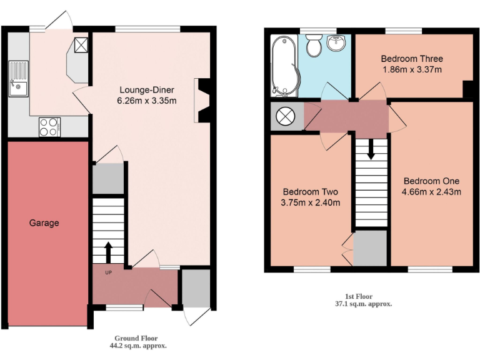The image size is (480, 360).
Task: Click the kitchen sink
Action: click(x=19, y=79)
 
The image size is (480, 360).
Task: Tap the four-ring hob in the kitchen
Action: click(x=49, y=127)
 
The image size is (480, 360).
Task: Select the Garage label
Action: click(x=44, y=222)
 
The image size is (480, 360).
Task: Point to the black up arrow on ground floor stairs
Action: click(x=108, y=252)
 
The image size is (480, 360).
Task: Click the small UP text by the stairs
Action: click(x=108, y=273)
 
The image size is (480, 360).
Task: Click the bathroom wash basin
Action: click(x=336, y=44)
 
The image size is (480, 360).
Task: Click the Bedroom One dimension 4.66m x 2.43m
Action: click(x=432, y=192)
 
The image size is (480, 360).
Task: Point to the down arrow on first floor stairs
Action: click(x=371, y=149)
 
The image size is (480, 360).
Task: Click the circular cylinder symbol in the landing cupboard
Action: click(x=285, y=116)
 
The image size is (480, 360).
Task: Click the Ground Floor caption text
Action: click(x=129, y=338)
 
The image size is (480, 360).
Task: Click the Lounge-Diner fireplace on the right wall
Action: click(x=204, y=99)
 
